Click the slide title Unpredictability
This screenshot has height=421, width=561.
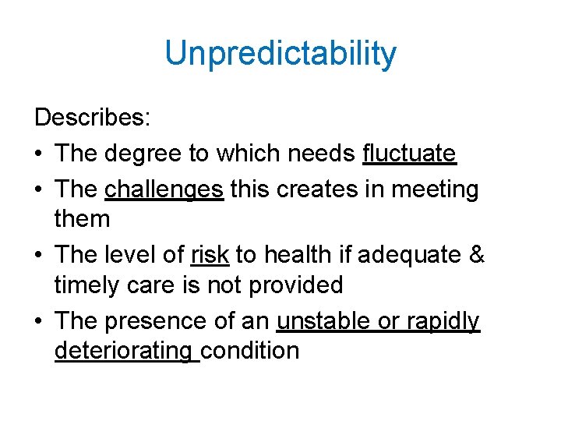click(280, 55)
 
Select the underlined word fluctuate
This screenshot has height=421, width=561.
click(409, 154)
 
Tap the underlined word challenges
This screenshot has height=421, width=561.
click(164, 188)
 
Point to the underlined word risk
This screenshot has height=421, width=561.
click(210, 253)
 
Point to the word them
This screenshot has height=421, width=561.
click(83, 219)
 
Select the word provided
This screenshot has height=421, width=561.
click(296, 285)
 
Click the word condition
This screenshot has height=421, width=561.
click(250, 351)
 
